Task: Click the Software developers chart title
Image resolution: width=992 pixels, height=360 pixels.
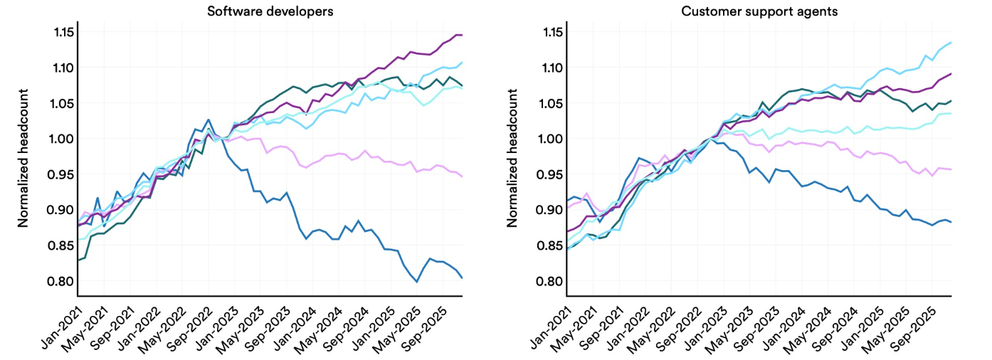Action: point(270,11)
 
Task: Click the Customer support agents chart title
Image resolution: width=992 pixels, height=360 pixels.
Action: point(759,11)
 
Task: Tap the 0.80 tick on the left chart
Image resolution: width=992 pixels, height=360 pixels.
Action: point(60,281)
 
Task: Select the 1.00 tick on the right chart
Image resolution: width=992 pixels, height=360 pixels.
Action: point(549,139)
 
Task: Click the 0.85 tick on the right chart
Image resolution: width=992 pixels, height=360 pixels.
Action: point(549,245)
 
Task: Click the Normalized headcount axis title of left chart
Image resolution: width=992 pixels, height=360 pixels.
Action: point(23,158)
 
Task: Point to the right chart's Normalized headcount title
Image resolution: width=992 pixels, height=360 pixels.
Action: point(512,158)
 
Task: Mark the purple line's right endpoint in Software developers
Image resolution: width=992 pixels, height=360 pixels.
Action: point(462,35)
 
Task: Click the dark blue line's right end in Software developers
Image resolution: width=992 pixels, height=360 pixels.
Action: point(462,277)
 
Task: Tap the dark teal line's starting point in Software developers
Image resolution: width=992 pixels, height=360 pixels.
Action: point(78,260)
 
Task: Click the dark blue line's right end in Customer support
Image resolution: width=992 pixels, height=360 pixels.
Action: point(951,222)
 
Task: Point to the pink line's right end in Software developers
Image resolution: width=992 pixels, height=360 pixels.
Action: point(462,176)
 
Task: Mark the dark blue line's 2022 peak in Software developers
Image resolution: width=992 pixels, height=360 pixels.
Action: point(209,119)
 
